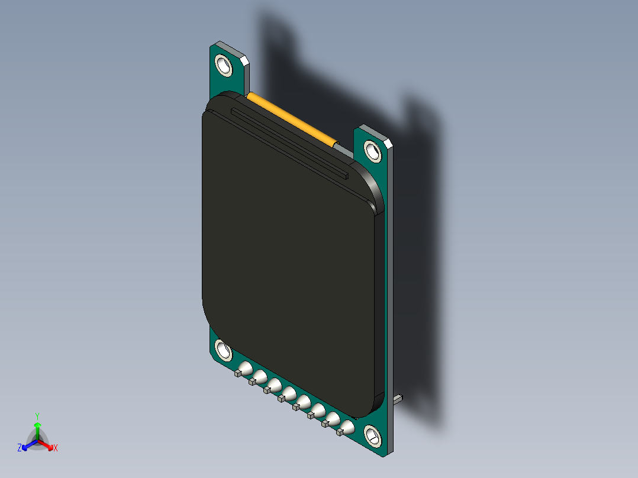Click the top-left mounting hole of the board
(224, 64)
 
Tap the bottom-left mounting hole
(224, 350)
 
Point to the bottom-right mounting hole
(373, 436)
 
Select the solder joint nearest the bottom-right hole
(347, 428)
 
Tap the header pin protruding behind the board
(399, 399)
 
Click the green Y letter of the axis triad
(37, 415)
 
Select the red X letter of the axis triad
(56, 448)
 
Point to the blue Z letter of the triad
(20, 448)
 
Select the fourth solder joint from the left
(289, 393)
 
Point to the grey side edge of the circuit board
(391, 296)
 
